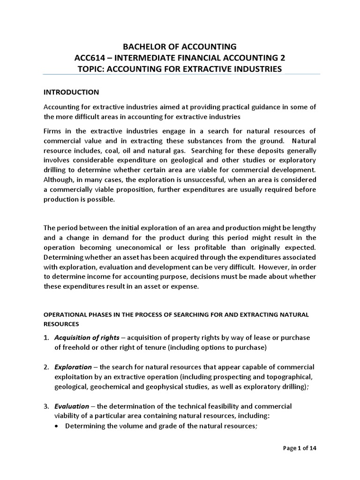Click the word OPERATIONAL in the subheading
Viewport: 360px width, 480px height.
(x=66, y=315)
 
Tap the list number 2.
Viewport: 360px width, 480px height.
(x=46, y=366)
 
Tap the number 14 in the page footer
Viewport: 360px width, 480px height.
(x=313, y=448)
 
